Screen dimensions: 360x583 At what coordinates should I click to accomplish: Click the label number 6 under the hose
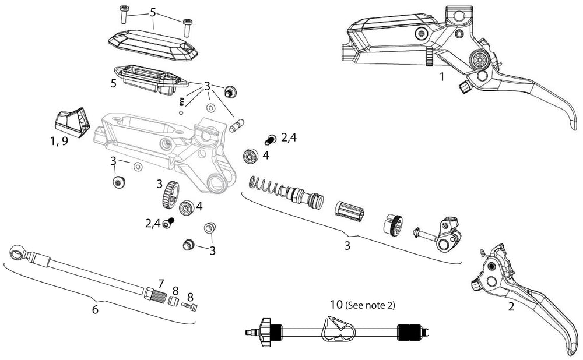(x=95, y=309)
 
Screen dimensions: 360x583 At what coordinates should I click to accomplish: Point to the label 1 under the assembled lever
(x=442, y=76)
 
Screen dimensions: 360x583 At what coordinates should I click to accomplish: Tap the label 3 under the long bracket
(x=347, y=245)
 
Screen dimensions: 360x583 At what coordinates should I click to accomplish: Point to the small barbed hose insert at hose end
(x=190, y=306)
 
